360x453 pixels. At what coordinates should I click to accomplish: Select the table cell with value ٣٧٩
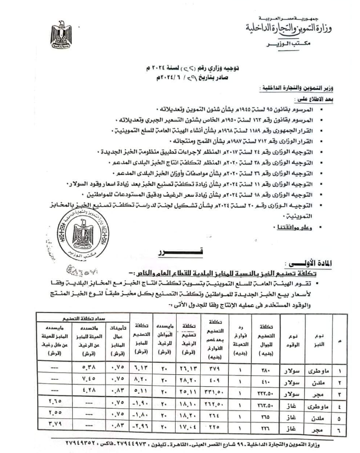[216, 367]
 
